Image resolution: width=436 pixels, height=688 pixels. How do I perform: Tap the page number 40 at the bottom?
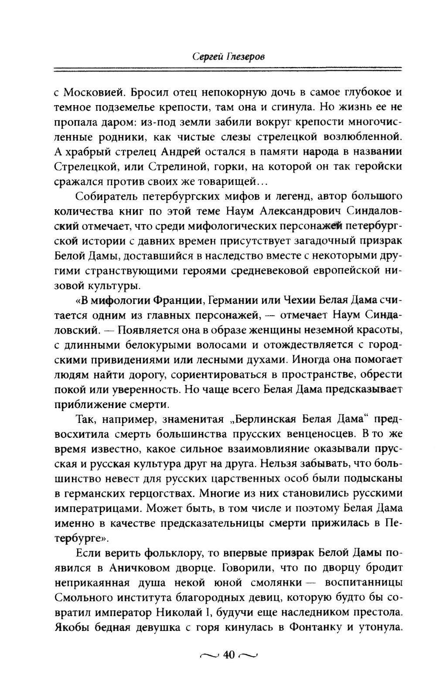(228, 654)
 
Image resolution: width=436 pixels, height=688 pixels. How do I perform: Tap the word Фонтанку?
(314, 627)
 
